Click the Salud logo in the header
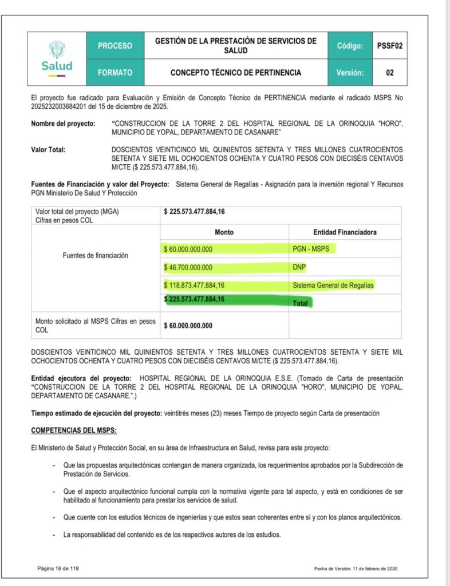(x=57, y=58)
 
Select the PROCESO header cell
(x=115, y=46)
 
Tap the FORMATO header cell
(x=115, y=73)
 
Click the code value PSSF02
(x=390, y=46)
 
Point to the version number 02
(x=390, y=73)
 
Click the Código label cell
(x=350, y=46)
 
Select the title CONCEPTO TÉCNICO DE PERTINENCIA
(x=235, y=73)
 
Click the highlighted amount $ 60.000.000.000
(x=188, y=250)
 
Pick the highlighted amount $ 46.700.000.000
(x=188, y=267)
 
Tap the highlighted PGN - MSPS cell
(x=313, y=250)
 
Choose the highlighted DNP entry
(x=300, y=267)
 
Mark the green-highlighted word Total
(x=301, y=303)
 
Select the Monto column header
(x=224, y=232)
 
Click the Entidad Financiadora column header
(x=345, y=232)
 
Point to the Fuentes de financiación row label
(x=96, y=256)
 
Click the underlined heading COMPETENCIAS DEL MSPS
(x=74, y=430)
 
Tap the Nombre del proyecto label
(x=63, y=124)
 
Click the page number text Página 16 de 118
(x=57, y=568)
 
